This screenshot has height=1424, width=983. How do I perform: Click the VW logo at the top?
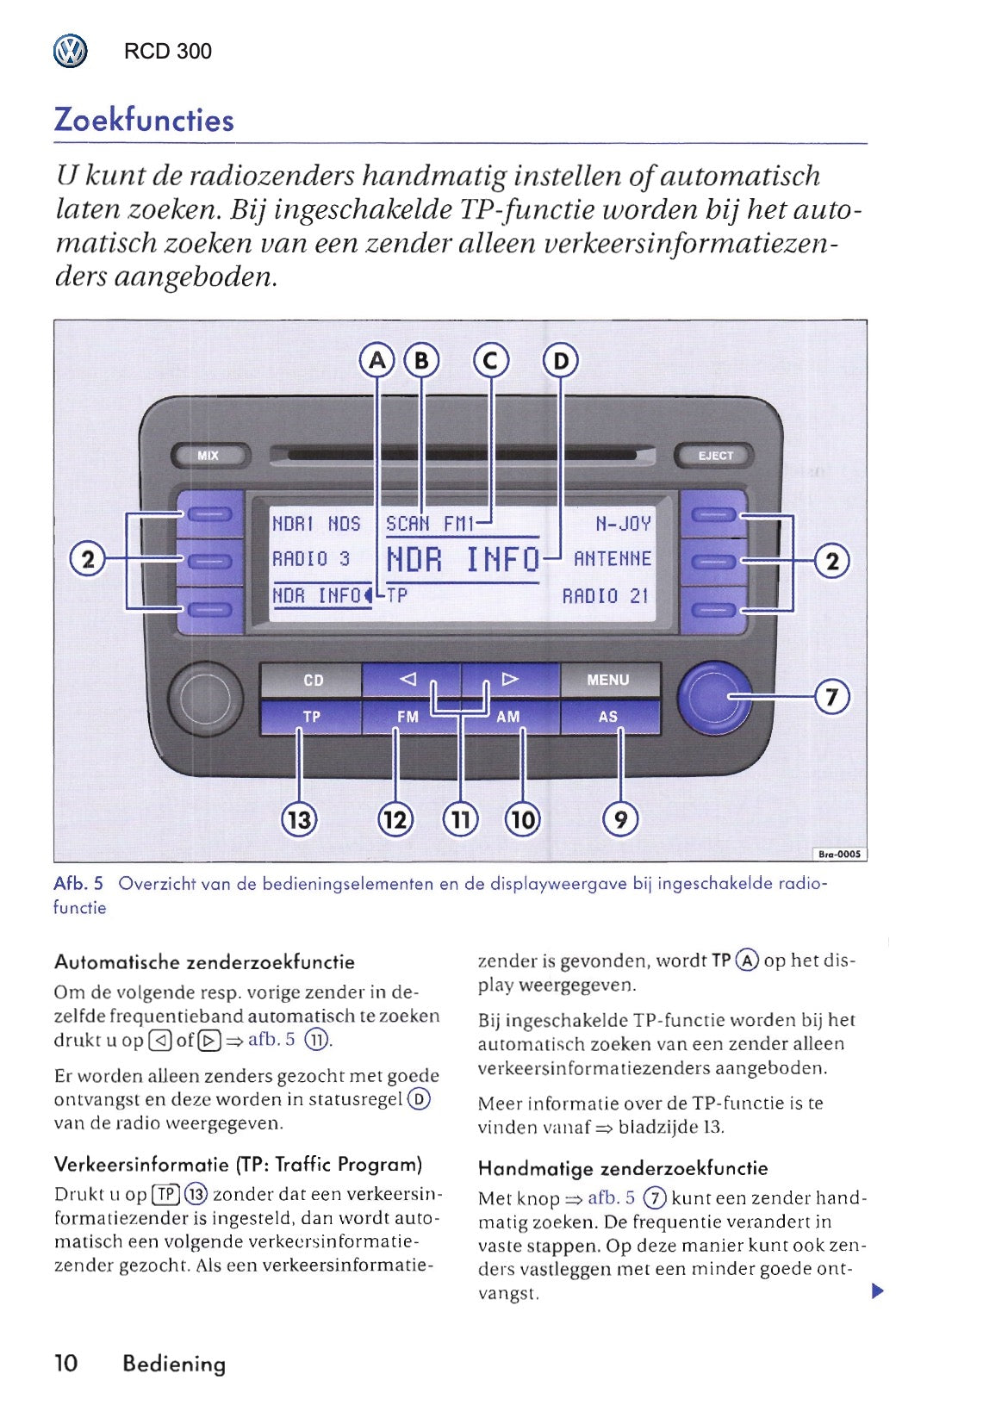pyautogui.click(x=71, y=52)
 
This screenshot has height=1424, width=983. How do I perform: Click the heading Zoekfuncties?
pyautogui.click(x=144, y=120)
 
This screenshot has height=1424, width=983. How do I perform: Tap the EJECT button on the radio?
pyautogui.click(x=714, y=456)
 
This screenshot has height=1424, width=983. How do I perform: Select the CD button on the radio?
pyautogui.click(x=313, y=680)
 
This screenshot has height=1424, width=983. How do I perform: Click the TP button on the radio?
pyautogui.click(x=312, y=717)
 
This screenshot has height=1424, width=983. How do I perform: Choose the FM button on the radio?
pyautogui.click(x=408, y=717)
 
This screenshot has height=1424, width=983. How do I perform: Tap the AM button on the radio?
pyautogui.click(x=508, y=717)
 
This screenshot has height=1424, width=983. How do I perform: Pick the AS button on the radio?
pyautogui.click(x=608, y=717)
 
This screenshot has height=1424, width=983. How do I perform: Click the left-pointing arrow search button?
pyautogui.click(x=410, y=679)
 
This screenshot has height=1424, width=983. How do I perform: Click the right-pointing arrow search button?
pyautogui.click(x=510, y=679)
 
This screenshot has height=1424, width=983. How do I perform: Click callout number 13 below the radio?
pyautogui.click(x=299, y=818)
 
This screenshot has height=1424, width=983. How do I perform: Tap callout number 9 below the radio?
pyautogui.click(x=620, y=818)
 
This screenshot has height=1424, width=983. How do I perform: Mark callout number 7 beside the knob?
pyautogui.click(x=832, y=696)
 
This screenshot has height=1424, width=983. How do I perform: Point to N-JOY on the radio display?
pyautogui.click(x=623, y=523)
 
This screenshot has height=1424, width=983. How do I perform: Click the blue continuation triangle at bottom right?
pyautogui.click(x=877, y=1290)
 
